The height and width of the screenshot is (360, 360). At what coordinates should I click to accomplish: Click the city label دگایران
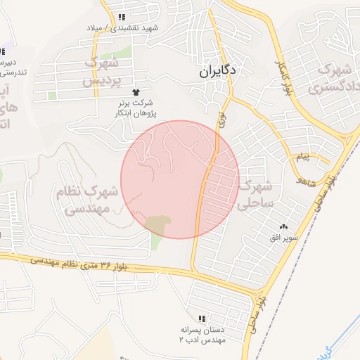[x=219, y=70]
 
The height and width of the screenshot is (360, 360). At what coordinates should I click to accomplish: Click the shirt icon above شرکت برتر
[x=135, y=92]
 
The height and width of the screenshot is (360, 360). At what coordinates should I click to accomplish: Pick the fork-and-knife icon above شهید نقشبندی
[x=122, y=17]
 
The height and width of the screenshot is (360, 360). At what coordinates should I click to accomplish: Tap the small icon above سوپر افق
[x=284, y=226]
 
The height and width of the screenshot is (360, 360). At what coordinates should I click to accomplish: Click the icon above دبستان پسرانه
[x=202, y=319]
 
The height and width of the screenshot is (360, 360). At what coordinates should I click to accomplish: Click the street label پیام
[x=302, y=157]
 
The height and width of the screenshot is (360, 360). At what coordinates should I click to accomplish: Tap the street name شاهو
[x=303, y=181]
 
